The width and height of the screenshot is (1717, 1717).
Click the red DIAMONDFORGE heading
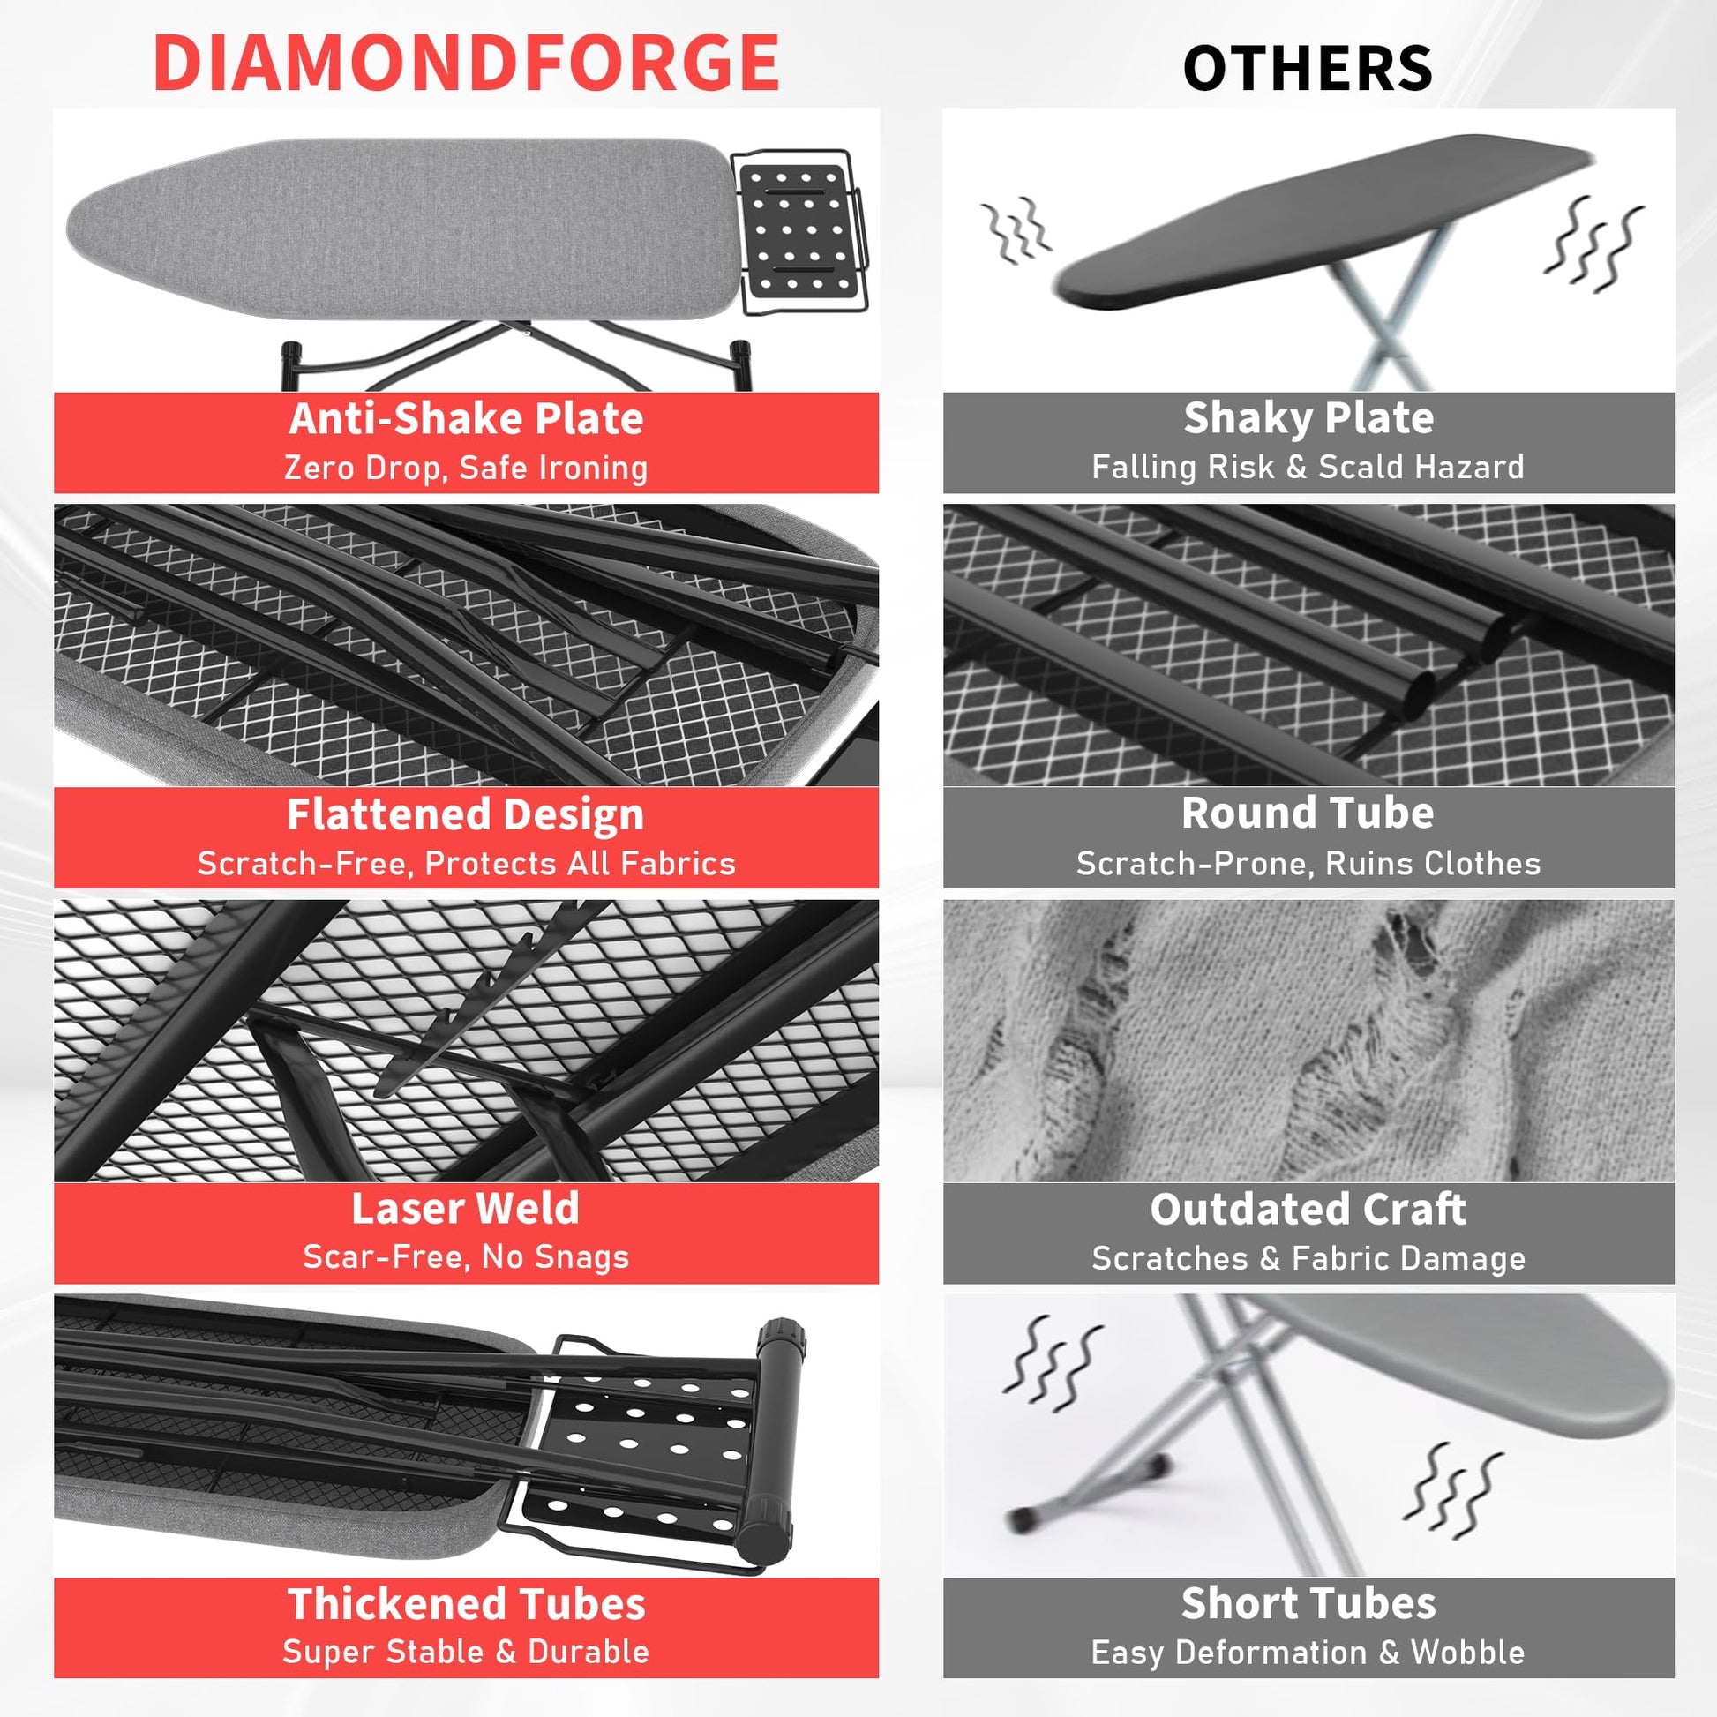tap(466, 63)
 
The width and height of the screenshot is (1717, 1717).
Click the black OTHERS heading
tap(1308, 69)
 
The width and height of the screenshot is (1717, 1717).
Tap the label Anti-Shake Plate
tap(466, 418)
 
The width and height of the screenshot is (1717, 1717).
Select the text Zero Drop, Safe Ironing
tap(466, 468)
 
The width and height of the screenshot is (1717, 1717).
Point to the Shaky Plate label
tap(1308, 417)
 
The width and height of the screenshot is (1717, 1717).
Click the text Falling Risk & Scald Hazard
tap(1308, 467)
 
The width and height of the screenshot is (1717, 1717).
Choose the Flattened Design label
tap(466, 814)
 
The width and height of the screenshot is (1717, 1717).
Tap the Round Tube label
tap(1308, 813)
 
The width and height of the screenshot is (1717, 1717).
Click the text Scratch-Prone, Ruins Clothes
tap(1308, 863)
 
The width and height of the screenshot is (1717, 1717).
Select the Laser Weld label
tap(466, 1209)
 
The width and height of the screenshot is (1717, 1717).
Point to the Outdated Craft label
tap(1308, 1209)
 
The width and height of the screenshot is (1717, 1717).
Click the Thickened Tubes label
tap(466, 1604)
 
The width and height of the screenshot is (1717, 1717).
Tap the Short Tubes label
tap(1308, 1603)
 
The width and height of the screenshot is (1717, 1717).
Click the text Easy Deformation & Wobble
tap(1308, 1652)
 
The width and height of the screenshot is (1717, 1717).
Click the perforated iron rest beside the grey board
tap(798, 230)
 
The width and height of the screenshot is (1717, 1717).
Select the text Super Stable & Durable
tap(466, 1651)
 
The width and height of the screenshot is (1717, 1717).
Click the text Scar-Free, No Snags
tap(466, 1256)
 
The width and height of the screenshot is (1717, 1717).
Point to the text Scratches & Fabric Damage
tap(1308, 1257)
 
